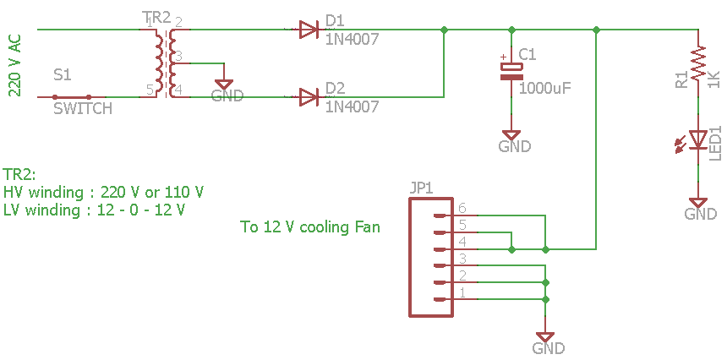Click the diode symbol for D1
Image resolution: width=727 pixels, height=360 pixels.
tap(309, 30)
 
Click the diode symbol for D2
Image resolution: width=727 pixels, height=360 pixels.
tap(309, 97)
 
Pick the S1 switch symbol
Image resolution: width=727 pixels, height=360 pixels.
tap(72, 97)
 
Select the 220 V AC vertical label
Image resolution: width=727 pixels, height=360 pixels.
tap(14, 66)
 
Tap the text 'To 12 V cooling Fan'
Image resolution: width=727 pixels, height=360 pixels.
tap(310, 226)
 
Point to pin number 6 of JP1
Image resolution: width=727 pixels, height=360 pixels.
tap(462, 207)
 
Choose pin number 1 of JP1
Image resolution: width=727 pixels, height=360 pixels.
tap(462, 292)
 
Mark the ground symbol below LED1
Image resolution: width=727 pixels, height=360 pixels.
tap(698, 204)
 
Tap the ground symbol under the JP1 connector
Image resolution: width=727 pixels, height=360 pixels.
tap(547, 337)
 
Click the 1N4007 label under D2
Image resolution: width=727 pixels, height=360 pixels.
tap(352, 106)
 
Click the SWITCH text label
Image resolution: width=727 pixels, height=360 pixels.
tap(82, 109)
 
